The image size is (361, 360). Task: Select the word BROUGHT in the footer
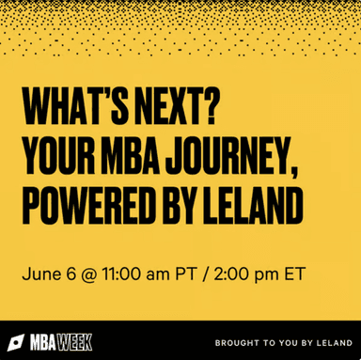239,342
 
